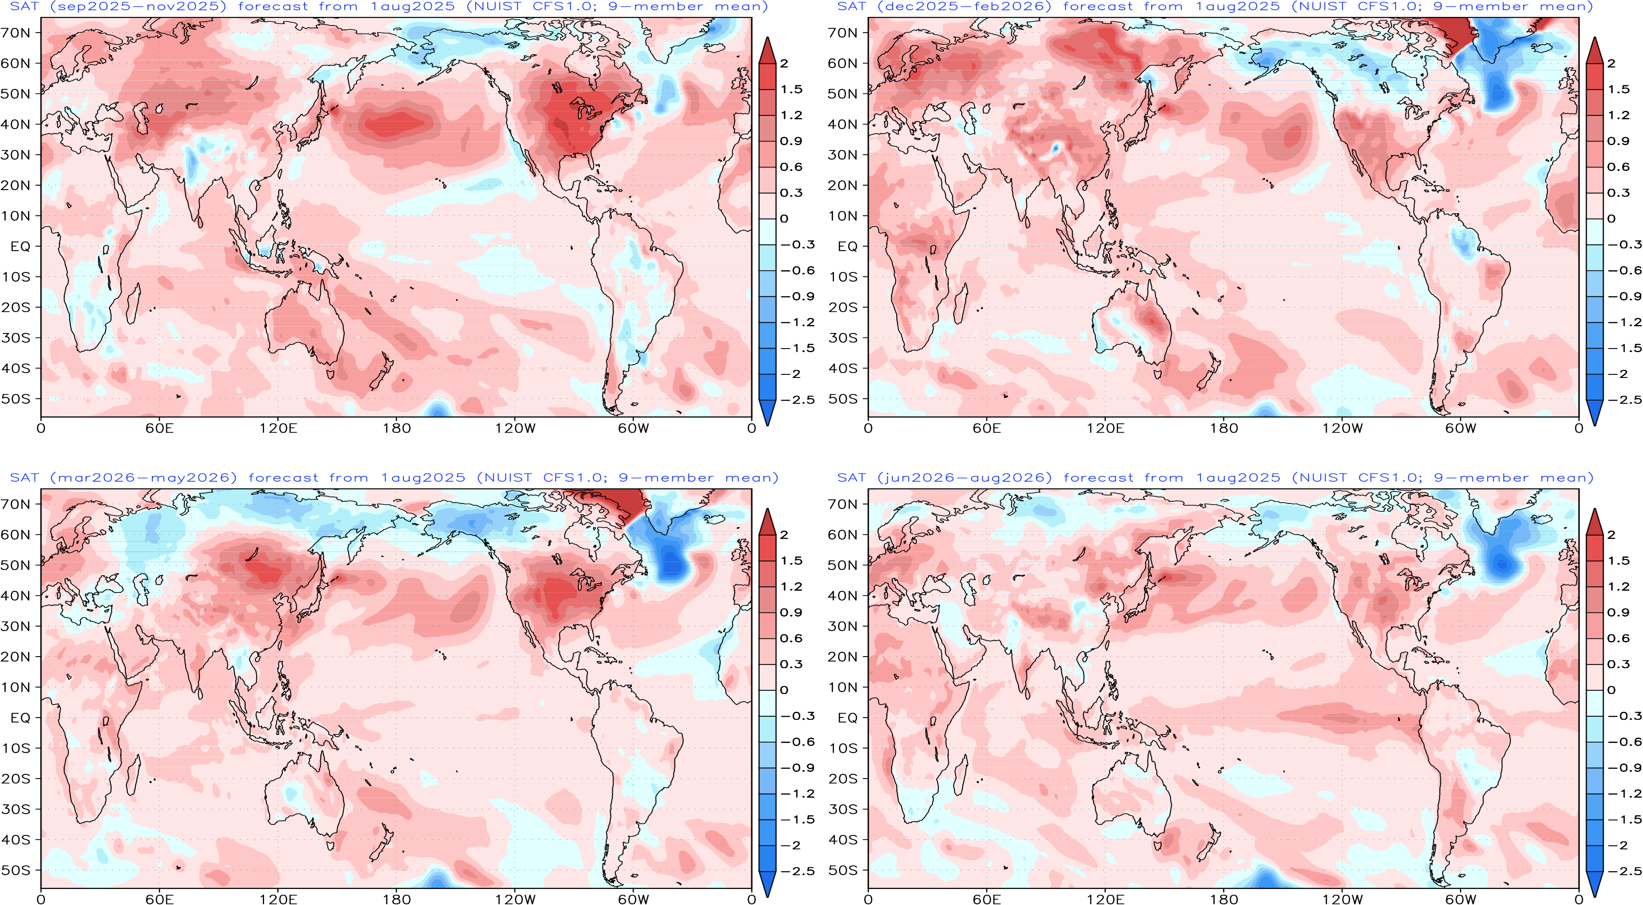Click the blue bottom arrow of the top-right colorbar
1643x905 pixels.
(x=1594, y=413)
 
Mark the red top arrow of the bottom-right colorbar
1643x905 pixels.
(x=1594, y=522)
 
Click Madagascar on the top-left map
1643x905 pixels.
(x=133, y=304)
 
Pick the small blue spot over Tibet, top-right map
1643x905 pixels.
(x=1056, y=149)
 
